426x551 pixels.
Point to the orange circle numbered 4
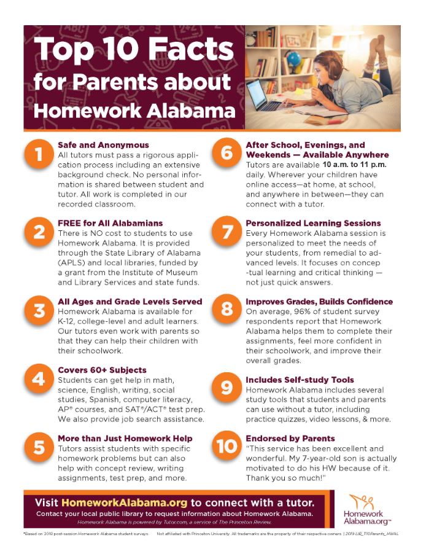[x=39, y=378]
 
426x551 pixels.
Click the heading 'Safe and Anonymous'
[x=103, y=145]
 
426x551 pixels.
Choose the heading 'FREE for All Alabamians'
[x=110, y=223]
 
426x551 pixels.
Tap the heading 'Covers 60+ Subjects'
[x=102, y=370]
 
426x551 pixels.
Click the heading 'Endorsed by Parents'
[x=290, y=439]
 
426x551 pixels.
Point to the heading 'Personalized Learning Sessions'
[x=313, y=223]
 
